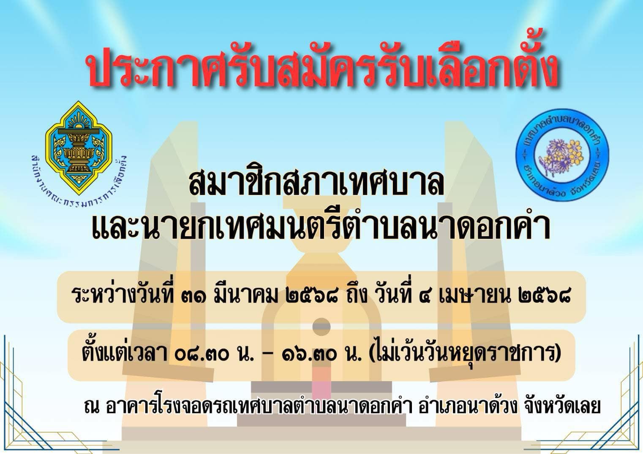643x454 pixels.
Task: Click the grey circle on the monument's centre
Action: pos(321,327)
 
